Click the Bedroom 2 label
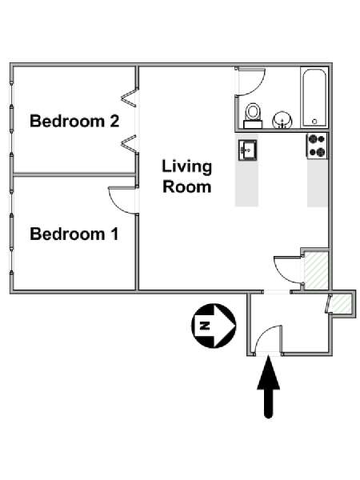74,121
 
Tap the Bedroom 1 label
74,234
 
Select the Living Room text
186,177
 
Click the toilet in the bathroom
253,115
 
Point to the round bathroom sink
282,120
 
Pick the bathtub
314,98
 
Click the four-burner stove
317,146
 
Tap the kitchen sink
247,150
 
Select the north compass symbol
214,326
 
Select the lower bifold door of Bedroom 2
129,143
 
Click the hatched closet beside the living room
316,270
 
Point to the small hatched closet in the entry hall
342,303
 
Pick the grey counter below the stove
318,182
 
